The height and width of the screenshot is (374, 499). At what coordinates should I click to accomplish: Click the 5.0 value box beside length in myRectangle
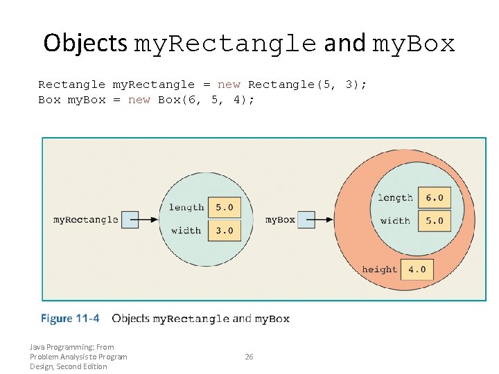(225, 207)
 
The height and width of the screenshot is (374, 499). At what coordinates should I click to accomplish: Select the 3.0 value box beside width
(225, 231)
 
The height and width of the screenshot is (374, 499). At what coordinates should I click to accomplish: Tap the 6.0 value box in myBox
(435, 197)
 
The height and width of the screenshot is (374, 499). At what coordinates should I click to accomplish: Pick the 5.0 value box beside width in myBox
(435, 221)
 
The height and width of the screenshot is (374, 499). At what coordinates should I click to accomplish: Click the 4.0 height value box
(417, 269)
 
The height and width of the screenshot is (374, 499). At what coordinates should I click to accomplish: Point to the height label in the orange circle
(379, 269)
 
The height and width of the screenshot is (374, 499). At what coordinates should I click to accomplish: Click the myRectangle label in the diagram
(86, 220)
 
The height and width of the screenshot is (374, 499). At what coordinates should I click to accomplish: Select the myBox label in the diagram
(280, 220)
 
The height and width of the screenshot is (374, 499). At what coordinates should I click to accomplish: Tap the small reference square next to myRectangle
(130, 220)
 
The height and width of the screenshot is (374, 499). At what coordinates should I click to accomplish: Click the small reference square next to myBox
(306, 220)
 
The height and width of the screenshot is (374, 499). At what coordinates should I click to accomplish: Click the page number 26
(249, 357)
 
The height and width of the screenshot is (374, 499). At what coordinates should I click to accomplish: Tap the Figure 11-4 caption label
(70, 319)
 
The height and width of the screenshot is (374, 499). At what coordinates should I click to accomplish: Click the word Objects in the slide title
(85, 43)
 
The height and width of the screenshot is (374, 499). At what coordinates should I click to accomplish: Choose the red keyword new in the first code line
(229, 84)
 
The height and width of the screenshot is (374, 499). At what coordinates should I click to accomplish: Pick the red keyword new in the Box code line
(139, 100)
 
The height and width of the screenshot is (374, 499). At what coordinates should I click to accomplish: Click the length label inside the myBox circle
(395, 197)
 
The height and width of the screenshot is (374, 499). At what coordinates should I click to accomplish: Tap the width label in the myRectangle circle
(186, 231)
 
